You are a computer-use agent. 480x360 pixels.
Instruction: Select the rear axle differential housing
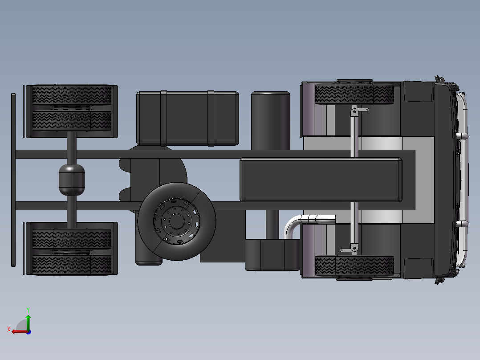71,179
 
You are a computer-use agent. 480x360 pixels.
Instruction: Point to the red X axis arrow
16,331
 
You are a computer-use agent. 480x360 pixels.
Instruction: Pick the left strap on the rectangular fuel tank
163,118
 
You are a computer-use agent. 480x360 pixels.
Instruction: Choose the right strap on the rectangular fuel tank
211,118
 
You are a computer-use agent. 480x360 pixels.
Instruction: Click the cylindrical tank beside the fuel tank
270,119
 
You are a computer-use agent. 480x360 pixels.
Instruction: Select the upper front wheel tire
354,94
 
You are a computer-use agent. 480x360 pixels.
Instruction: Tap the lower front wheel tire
354,266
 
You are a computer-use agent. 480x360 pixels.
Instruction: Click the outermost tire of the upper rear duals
71,94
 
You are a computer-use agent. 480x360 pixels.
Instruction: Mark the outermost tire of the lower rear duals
71,265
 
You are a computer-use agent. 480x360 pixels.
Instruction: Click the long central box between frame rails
321,180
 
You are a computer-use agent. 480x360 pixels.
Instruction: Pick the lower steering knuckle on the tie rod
354,247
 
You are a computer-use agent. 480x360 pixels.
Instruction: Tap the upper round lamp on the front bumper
462,135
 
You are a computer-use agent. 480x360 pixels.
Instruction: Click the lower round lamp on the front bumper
462,224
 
